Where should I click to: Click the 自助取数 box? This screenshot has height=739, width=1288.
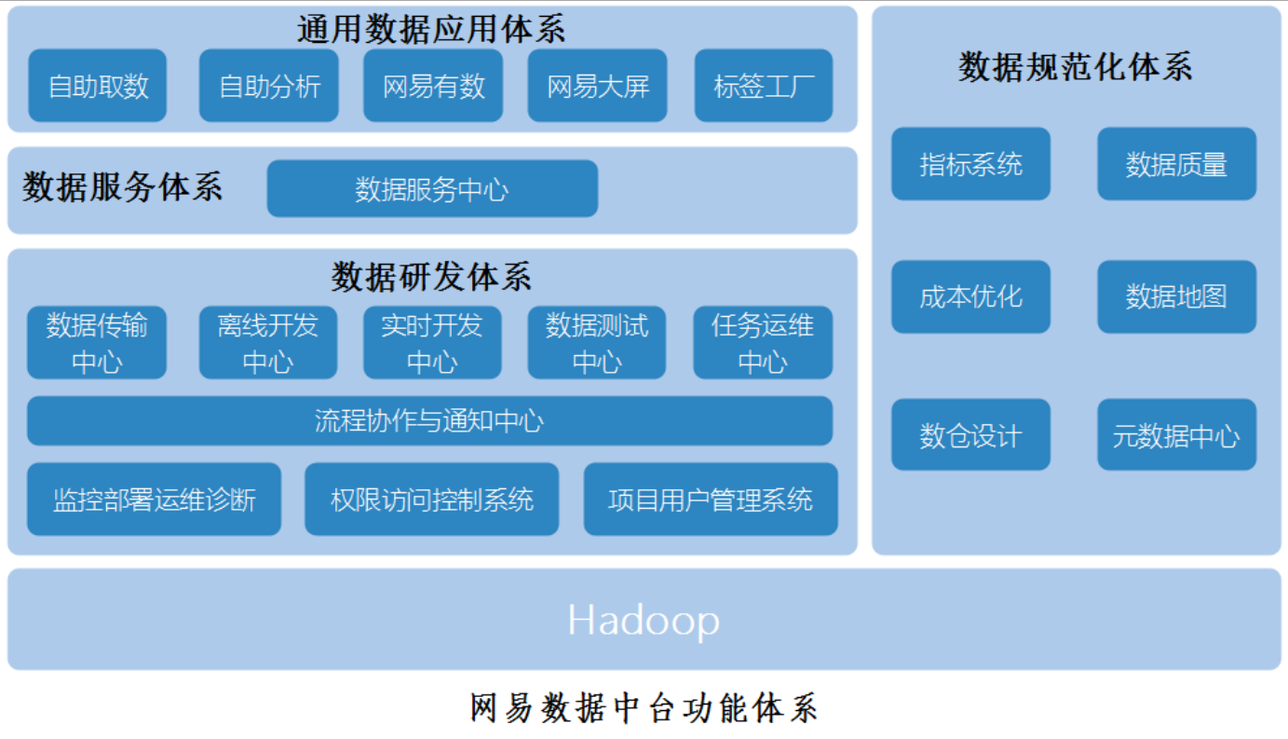[97, 85]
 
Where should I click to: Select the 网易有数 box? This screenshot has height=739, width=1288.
[433, 85]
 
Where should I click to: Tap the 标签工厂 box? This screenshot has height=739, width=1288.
[764, 85]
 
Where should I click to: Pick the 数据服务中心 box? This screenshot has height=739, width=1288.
[432, 189]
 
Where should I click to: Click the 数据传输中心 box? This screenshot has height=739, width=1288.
[97, 342]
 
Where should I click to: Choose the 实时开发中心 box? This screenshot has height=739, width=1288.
[432, 342]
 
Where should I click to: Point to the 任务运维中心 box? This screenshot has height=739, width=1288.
[763, 342]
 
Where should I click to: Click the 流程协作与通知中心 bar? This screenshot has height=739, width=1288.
[430, 420]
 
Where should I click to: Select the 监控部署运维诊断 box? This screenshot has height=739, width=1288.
[154, 499]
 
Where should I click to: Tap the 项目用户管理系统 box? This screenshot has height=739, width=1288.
[711, 499]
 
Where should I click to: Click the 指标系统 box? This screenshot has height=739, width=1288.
[971, 164]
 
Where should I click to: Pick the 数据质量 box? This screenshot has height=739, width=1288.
[1177, 164]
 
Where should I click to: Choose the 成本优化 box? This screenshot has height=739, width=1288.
[971, 297]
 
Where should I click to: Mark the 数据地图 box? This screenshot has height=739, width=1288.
[1177, 297]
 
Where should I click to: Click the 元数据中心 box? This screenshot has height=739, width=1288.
[1177, 435]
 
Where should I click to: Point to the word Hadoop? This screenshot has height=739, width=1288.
[644, 621]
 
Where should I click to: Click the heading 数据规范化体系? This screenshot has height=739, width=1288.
[1076, 67]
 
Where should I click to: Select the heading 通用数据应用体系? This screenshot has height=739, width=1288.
[431, 29]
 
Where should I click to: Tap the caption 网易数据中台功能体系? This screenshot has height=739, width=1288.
[644, 708]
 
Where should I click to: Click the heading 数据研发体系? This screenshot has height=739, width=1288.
[431, 277]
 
